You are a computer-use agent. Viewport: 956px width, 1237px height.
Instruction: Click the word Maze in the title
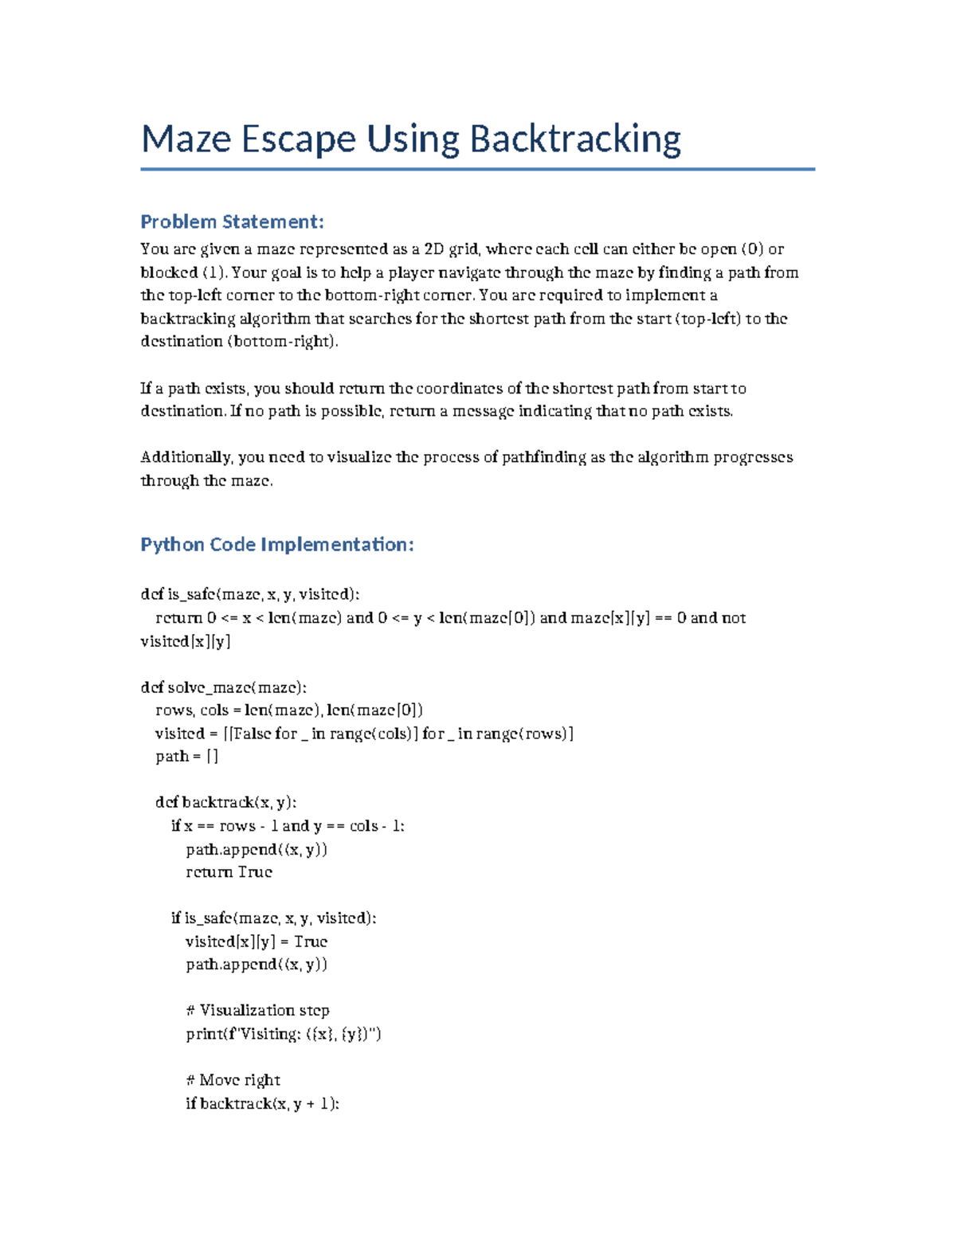(x=186, y=139)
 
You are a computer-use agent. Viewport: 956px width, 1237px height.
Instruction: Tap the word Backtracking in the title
(x=575, y=139)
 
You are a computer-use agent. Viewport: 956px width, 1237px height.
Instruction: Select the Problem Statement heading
(x=232, y=221)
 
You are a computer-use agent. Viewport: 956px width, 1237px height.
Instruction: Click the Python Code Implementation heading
(x=276, y=545)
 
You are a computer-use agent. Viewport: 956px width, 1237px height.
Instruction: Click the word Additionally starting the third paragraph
(x=186, y=457)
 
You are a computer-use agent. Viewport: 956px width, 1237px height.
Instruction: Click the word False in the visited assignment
(x=253, y=734)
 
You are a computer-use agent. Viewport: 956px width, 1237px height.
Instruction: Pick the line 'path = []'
(x=186, y=757)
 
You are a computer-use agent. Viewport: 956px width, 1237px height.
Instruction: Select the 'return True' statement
(x=229, y=872)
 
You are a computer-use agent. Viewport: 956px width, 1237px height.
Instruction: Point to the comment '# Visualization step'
(x=257, y=1011)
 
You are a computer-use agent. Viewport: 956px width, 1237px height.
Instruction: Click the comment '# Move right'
(x=233, y=1080)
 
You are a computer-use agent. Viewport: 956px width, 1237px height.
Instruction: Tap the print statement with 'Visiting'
(x=283, y=1034)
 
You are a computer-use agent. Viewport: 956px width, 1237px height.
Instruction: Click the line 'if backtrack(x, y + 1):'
(x=262, y=1103)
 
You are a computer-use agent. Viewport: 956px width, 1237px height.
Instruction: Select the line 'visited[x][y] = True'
(x=256, y=941)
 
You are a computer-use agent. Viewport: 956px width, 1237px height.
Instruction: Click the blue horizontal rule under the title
(x=477, y=169)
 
